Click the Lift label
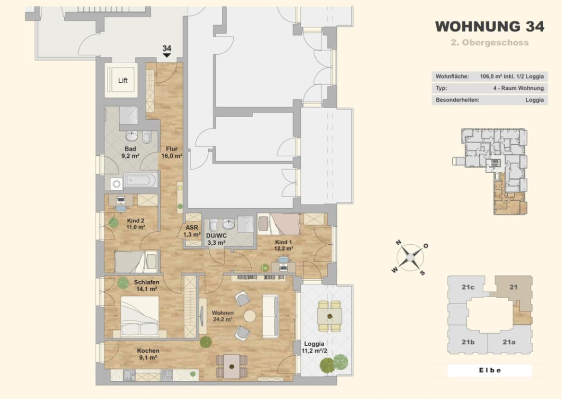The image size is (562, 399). pyautogui.click(x=123, y=80)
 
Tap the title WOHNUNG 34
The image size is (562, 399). pyautogui.click(x=490, y=26)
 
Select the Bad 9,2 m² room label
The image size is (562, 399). pyautogui.click(x=130, y=152)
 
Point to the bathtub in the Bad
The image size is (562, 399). pyautogui.click(x=140, y=180)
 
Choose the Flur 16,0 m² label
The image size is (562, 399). pyautogui.click(x=172, y=152)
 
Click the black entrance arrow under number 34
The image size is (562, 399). pyautogui.click(x=167, y=55)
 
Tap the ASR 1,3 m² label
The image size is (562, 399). pyautogui.click(x=192, y=231)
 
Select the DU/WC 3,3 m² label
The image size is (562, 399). pyautogui.click(x=216, y=239)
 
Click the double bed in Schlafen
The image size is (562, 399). pyautogui.click(x=140, y=317)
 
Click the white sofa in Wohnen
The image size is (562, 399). pyautogui.click(x=270, y=316)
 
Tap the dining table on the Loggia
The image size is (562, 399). pyautogui.click(x=330, y=316)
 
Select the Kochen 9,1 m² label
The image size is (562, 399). pyautogui.click(x=148, y=354)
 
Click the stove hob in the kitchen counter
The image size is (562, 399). pyautogui.click(x=166, y=375)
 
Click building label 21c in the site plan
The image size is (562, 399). pyautogui.click(x=468, y=287)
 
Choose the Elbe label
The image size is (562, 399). pyautogui.click(x=490, y=370)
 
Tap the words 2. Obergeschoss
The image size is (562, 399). pyautogui.click(x=490, y=43)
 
